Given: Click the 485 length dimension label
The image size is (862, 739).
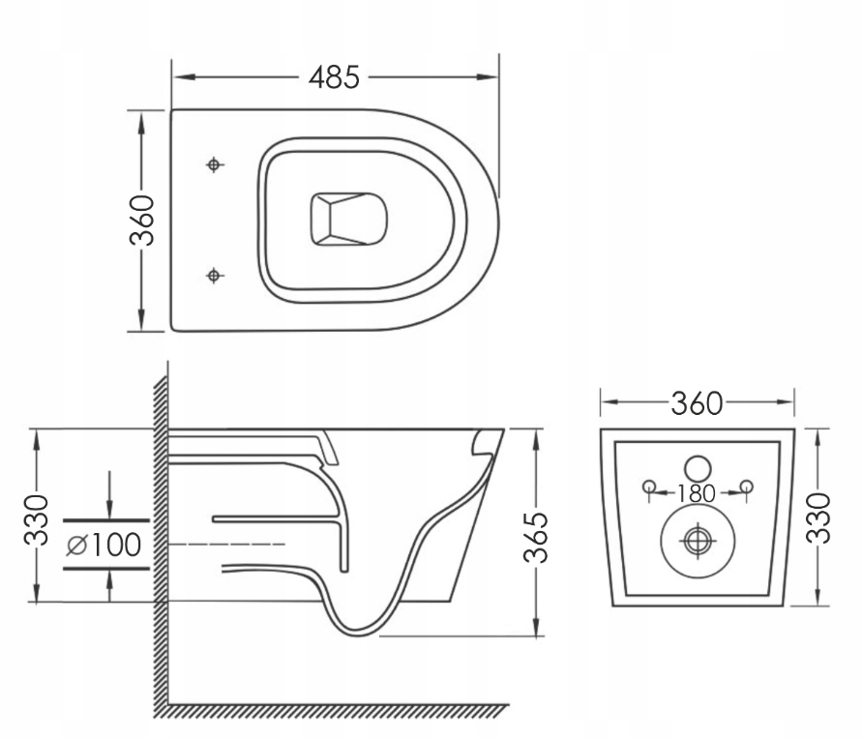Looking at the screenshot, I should [334, 76].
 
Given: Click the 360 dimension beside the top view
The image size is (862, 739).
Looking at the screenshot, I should [142, 221].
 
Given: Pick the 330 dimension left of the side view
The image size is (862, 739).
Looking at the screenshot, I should [36, 518].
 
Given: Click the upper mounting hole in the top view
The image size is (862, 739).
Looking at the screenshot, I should [215, 164].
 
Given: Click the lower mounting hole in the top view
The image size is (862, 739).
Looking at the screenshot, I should [215, 276].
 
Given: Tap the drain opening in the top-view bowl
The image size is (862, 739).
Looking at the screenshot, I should [347, 220].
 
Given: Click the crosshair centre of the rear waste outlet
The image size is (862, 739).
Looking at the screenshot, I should [697, 541].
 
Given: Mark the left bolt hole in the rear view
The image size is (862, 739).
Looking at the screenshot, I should [649, 485].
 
